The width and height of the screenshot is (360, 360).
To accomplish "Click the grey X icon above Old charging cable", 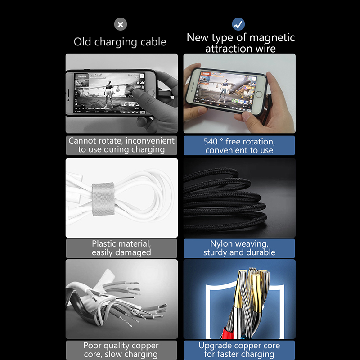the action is (121, 24).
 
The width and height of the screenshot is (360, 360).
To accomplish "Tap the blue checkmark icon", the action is (238, 24).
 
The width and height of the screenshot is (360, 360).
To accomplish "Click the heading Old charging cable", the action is (120, 42).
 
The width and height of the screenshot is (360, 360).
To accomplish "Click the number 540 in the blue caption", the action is (211, 142).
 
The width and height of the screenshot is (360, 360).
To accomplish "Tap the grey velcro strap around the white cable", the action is (103, 199).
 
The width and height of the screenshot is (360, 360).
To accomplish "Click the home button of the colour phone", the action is (259, 94).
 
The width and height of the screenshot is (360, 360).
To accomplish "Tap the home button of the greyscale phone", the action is (151, 93).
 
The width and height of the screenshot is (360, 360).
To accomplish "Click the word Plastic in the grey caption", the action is (106, 243).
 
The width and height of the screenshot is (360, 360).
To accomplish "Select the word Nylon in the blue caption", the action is (221, 244).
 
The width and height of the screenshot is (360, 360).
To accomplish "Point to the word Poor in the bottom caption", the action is (92, 345).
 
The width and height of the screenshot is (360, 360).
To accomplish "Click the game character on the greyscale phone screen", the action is (109, 94).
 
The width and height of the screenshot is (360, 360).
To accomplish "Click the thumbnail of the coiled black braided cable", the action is (239, 198).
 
